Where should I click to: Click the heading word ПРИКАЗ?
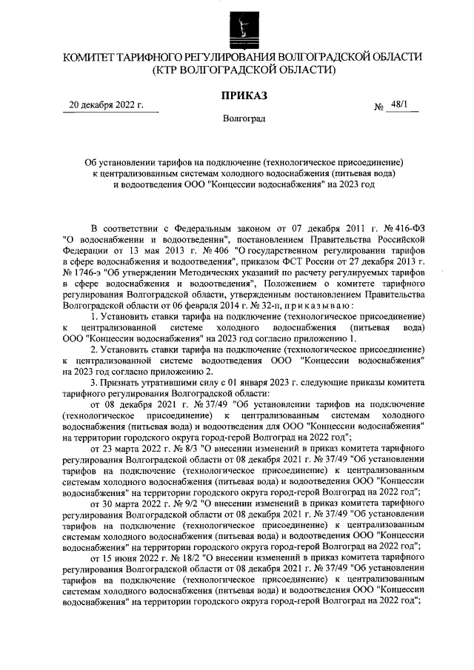point(244,96)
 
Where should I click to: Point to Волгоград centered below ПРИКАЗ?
point(244,118)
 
